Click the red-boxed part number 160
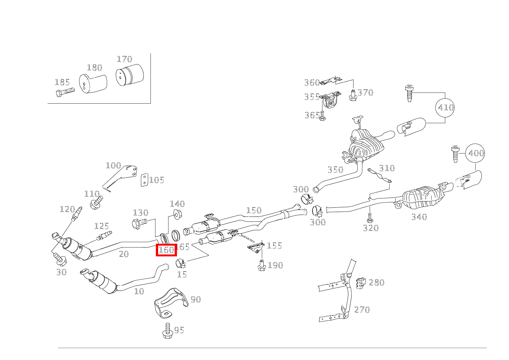click(x=166, y=250)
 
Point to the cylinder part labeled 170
click(x=129, y=75)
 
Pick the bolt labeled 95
click(x=167, y=331)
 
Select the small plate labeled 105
click(x=144, y=180)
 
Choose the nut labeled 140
click(x=177, y=214)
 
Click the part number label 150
click(x=254, y=210)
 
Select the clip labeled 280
click(x=360, y=284)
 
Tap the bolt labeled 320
click(x=369, y=220)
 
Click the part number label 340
click(x=419, y=217)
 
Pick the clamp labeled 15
click(x=181, y=264)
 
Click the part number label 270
click(x=362, y=309)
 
